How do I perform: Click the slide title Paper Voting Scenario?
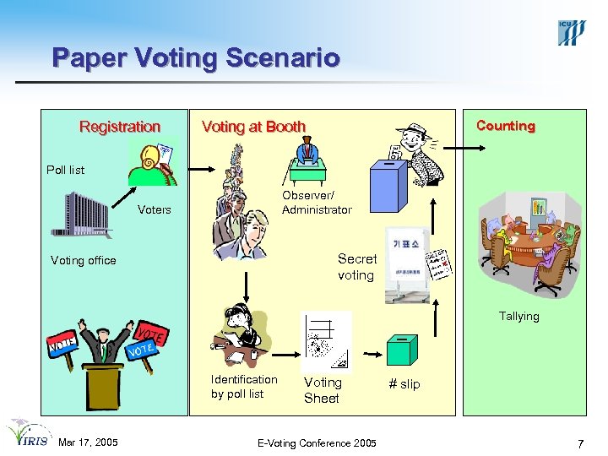[x=196, y=58]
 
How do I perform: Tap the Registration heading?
[x=120, y=127]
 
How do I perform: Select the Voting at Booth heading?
[x=253, y=127]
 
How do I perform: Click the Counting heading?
[x=505, y=126]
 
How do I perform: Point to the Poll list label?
[x=66, y=170]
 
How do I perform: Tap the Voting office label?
[x=84, y=260]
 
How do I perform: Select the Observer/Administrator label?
[x=317, y=203]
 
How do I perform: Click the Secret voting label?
[x=356, y=267]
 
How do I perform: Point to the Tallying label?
[x=518, y=316]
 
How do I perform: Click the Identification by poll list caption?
[x=243, y=387]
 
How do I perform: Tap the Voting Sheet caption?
[x=322, y=390]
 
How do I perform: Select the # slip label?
[x=404, y=384]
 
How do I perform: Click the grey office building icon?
[x=82, y=214]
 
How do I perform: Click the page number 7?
[x=580, y=443]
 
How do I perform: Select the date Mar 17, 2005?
[x=88, y=442]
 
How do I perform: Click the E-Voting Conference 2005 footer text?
[x=318, y=442]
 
